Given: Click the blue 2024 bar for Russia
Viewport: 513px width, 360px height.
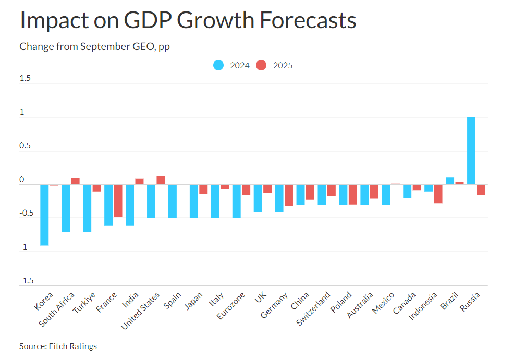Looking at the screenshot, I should tap(471, 151).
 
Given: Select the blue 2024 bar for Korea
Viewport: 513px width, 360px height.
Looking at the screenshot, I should tap(44, 215).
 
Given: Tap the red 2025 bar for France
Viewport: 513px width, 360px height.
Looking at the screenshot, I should tap(118, 201).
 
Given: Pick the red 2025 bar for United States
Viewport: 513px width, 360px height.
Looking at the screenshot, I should tap(161, 180).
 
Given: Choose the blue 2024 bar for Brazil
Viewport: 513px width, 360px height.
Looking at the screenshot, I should tap(449, 181).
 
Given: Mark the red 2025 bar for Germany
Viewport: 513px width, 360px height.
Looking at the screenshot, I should tap(288, 195).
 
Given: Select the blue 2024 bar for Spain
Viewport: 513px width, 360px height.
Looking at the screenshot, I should tap(173, 201).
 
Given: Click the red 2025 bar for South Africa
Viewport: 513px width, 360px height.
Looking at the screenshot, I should tap(75, 181).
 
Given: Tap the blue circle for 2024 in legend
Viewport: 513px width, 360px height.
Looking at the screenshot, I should tap(218, 65).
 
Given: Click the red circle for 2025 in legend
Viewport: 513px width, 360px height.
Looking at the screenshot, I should tap(262, 65).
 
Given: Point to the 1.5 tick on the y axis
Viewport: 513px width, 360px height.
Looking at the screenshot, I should tap(25, 79).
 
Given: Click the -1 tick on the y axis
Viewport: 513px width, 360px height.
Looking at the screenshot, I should tap(23, 247).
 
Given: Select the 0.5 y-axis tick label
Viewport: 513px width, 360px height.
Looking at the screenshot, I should tap(25, 146).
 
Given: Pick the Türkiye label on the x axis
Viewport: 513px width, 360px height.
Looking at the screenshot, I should tap(85, 302).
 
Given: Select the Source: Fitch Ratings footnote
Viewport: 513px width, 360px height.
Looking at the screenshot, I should tap(58, 346).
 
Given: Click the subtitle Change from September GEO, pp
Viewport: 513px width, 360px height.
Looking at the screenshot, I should tap(94, 46).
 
